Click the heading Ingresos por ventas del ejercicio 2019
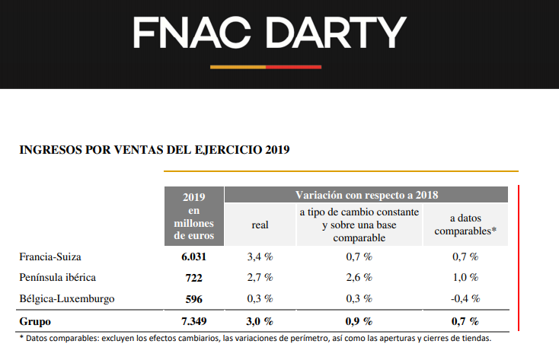click(x=154, y=149)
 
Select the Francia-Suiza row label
click(x=50, y=256)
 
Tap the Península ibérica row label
click(x=58, y=278)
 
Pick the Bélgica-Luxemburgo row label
click(x=67, y=299)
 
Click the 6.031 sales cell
click(x=193, y=256)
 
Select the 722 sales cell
click(x=193, y=278)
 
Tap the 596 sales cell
click(x=193, y=299)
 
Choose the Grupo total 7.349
click(x=193, y=321)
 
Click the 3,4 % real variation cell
click(x=260, y=256)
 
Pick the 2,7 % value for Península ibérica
click(x=260, y=278)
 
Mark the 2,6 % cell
click(x=359, y=278)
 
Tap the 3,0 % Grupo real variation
click(x=260, y=321)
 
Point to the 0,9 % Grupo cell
click(x=359, y=321)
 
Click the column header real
click(x=260, y=225)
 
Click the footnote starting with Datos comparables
click(x=255, y=339)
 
